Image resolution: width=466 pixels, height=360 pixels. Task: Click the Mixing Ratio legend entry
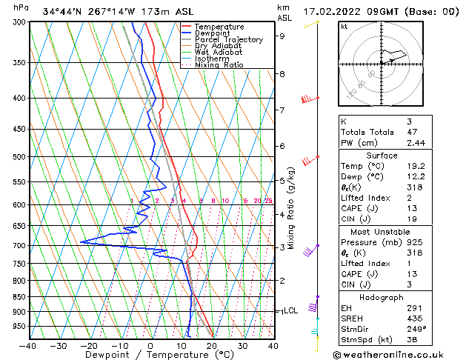coord(219,65)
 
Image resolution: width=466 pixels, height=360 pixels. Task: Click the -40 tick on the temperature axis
coord(28,345)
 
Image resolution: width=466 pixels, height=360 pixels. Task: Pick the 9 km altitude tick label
coord(282,36)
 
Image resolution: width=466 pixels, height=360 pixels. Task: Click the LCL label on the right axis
coord(290,311)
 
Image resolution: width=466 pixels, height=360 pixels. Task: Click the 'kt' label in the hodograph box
coord(344,26)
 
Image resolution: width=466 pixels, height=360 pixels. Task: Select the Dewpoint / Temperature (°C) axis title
coord(150,355)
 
